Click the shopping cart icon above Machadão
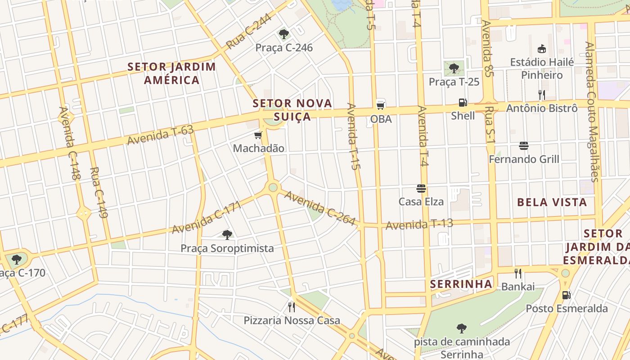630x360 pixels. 258,135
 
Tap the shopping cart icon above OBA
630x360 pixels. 381,105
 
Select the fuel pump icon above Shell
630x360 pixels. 463,103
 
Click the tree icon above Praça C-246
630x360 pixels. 283,34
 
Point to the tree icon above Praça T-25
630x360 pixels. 454,68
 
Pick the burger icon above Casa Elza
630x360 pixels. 421,188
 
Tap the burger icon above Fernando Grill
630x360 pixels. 523,146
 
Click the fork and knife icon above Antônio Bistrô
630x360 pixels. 542,95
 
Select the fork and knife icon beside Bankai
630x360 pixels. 518,274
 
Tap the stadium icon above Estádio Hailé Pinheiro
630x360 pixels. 542,49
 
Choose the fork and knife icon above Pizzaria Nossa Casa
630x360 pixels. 292,307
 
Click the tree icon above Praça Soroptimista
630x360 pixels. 227,235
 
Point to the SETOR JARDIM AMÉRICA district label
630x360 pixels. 171,73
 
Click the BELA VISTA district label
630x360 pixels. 552,202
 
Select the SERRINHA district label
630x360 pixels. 461,284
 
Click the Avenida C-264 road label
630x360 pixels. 320,207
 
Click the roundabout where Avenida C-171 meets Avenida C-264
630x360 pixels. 273,187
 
